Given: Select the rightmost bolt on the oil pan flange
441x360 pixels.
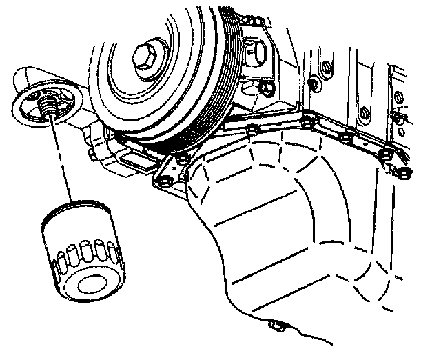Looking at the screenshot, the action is point(405,170).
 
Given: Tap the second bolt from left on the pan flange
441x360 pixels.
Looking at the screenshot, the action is point(181,160).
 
